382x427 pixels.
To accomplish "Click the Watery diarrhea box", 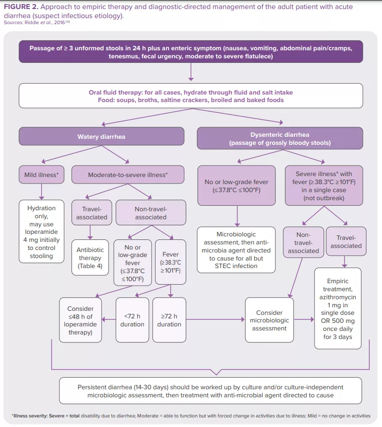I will coord(101,137).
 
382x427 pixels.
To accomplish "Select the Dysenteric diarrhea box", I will coord(280,138).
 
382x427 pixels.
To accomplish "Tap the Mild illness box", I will coord(42,175).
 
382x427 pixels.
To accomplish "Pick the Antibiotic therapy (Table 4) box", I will coord(90,258).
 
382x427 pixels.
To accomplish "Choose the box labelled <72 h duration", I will coord(132,320).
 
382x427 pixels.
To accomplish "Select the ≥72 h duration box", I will coord(169,320).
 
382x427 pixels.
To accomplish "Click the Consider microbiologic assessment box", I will coord(269,320).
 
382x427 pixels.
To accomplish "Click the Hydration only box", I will coord(41,232).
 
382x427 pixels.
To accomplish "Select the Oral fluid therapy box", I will coord(191,96).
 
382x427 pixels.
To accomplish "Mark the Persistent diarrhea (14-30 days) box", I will coord(210,391).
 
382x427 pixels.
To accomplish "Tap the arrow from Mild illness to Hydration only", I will coord(42,192).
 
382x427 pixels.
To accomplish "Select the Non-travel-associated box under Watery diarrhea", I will coord(150,213).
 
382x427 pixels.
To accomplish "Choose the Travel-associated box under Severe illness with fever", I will coord(346,242).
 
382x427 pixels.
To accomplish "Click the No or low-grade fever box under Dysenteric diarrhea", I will coord(237,186).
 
